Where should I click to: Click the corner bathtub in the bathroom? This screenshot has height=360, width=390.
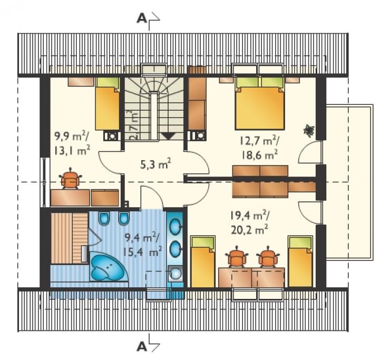(x=107, y=266)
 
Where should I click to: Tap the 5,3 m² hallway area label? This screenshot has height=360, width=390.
(x=155, y=164)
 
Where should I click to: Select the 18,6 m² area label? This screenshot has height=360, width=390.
(x=259, y=155)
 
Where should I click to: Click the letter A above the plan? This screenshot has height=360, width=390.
(x=142, y=18)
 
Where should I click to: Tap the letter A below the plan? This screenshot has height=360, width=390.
(x=142, y=346)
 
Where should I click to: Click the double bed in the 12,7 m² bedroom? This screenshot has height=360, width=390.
(x=260, y=103)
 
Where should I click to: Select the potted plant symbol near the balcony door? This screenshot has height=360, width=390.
(x=309, y=130)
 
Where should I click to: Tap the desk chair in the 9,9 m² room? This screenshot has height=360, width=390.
(x=71, y=178)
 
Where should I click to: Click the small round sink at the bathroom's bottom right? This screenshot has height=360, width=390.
(x=175, y=273)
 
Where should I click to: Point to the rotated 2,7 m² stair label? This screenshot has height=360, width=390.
(x=134, y=125)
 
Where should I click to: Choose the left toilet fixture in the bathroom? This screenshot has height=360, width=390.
(x=104, y=219)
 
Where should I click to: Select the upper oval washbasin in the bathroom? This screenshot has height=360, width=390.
(x=175, y=227)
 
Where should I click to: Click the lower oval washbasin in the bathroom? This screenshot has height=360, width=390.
(x=175, y=248)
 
